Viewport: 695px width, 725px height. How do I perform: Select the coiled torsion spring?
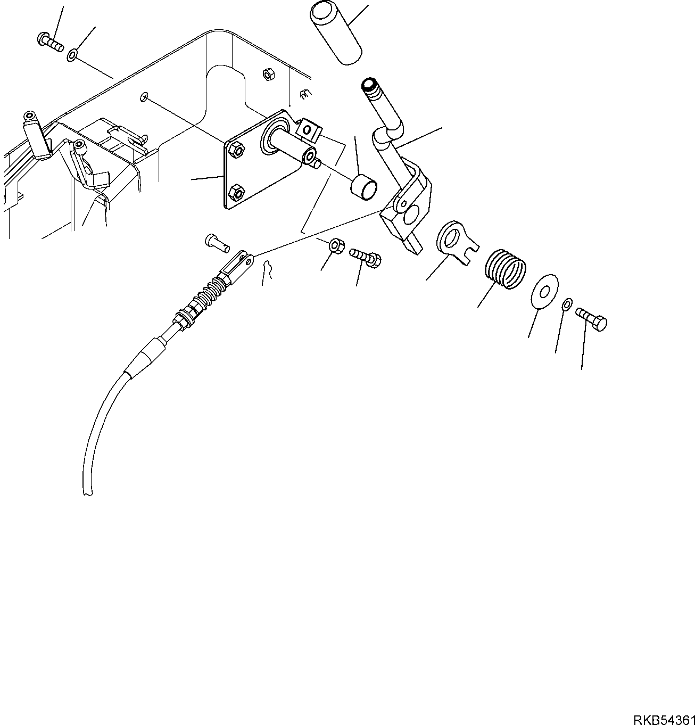pyautogui.click(x=506, y=269)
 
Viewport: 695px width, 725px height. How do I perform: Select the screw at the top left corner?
pyautogui.click(x=51, y=43)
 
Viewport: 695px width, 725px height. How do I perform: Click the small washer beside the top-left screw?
pyautogui.click(x=72, y=54)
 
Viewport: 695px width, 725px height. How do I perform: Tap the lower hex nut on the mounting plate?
pyautogui.click(x=236, y=192)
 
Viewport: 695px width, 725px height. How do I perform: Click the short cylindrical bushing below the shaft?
pyautogui.click(x=364, y=187)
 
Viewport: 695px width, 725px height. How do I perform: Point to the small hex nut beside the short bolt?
pyautogui.click(x=337, y=246)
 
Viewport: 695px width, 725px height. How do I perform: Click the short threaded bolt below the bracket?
pyautogui.click(x=366, y=257)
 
